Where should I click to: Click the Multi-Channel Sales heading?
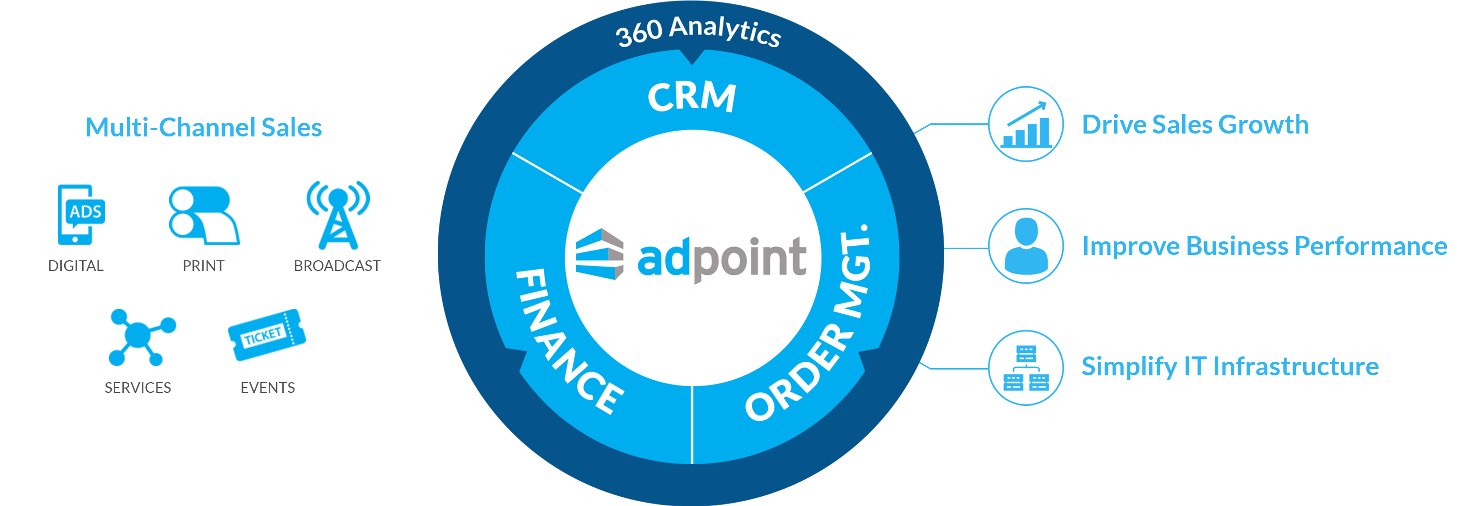click(x=203, y=127)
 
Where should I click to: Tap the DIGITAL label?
click(x=76, y=266)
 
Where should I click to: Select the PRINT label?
click(x=203, y=266)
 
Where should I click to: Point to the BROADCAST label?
click(x=337, y=266)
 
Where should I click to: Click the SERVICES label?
click(x=138, y=388)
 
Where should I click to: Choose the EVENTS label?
click(x=267, y=388)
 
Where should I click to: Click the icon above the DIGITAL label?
click(x=81, y=214)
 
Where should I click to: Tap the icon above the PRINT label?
click(x=204, y=216)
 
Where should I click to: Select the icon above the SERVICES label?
click(x=142, y=337)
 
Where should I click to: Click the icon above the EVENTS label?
click(x=266, y=335)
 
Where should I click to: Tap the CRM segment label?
click(x=691, y=97)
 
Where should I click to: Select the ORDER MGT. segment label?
click(x=811, y=324)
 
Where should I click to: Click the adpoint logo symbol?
click(x=599, y=254)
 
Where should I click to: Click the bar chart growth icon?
click(x=1025, y=124)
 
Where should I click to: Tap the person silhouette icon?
click(x=1025, y=246)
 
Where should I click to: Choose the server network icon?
click(x=1025, y=368)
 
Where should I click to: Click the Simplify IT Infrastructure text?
click(x=1230, y=367)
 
